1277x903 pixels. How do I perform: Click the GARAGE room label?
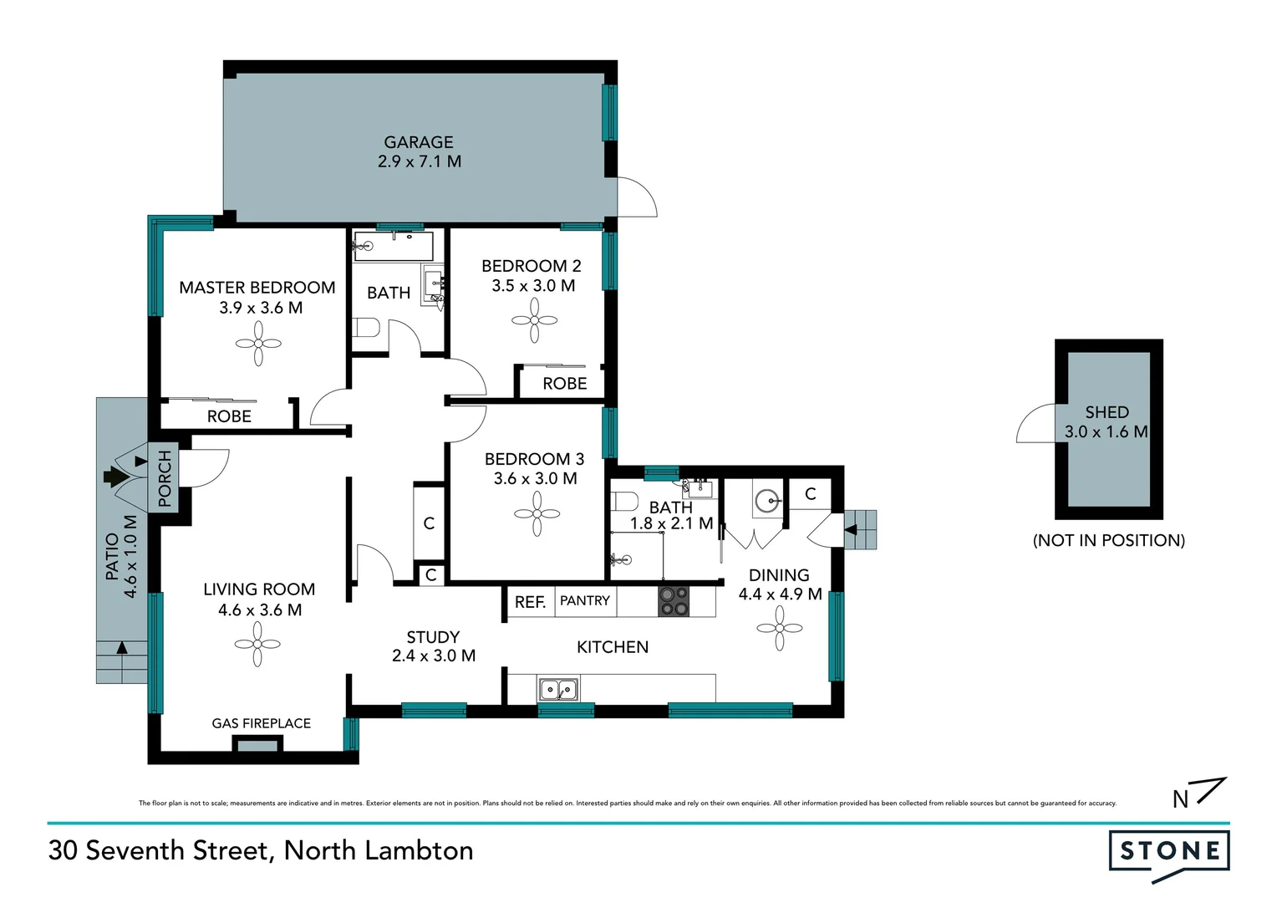click(x=419, y=142)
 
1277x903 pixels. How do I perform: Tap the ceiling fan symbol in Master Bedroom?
click(x=258, y=344)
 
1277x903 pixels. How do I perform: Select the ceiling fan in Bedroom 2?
click(x=534, y=321)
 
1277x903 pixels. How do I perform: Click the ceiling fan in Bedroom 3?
click(x=537, y=513)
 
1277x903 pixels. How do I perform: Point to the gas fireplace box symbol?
click(x=257, y=744)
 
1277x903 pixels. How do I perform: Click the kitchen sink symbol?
click(x=557, y=690)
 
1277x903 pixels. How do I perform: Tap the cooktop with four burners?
click(x=674, y=601)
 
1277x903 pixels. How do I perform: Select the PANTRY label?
click(x=585, y=600)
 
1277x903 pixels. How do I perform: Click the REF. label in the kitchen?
click(x=530, y=602)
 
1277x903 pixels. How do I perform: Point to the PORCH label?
click(x=165, y=478)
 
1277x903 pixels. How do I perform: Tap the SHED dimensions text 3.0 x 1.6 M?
click(x=1106, y=432)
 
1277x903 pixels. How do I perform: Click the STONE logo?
click(x=1169, y=852)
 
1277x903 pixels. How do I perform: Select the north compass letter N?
click(x=1180, y=799)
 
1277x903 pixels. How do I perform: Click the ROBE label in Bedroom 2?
click(x=564, y=384)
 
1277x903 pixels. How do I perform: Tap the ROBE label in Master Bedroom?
click(x=229, y=416)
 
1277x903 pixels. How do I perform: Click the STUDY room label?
click(x=433, y=637)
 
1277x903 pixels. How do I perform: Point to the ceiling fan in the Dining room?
click(x=780, y=628)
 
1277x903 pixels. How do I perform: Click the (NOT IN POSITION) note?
click(x=1108, y=540)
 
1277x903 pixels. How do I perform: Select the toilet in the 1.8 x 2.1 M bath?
click(x=625, y=502)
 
